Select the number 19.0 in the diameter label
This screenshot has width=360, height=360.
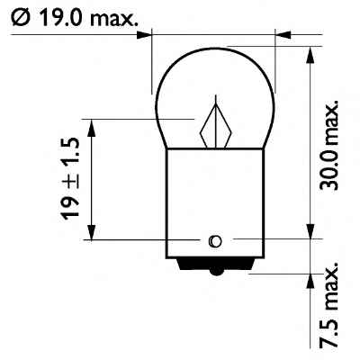60,15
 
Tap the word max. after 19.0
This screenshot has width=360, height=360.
114,15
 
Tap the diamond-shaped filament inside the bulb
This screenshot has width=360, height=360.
216,127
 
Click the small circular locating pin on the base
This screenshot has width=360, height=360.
214,240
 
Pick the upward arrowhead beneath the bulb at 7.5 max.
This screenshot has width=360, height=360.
310,282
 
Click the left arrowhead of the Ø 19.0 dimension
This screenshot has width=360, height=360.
145,36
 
